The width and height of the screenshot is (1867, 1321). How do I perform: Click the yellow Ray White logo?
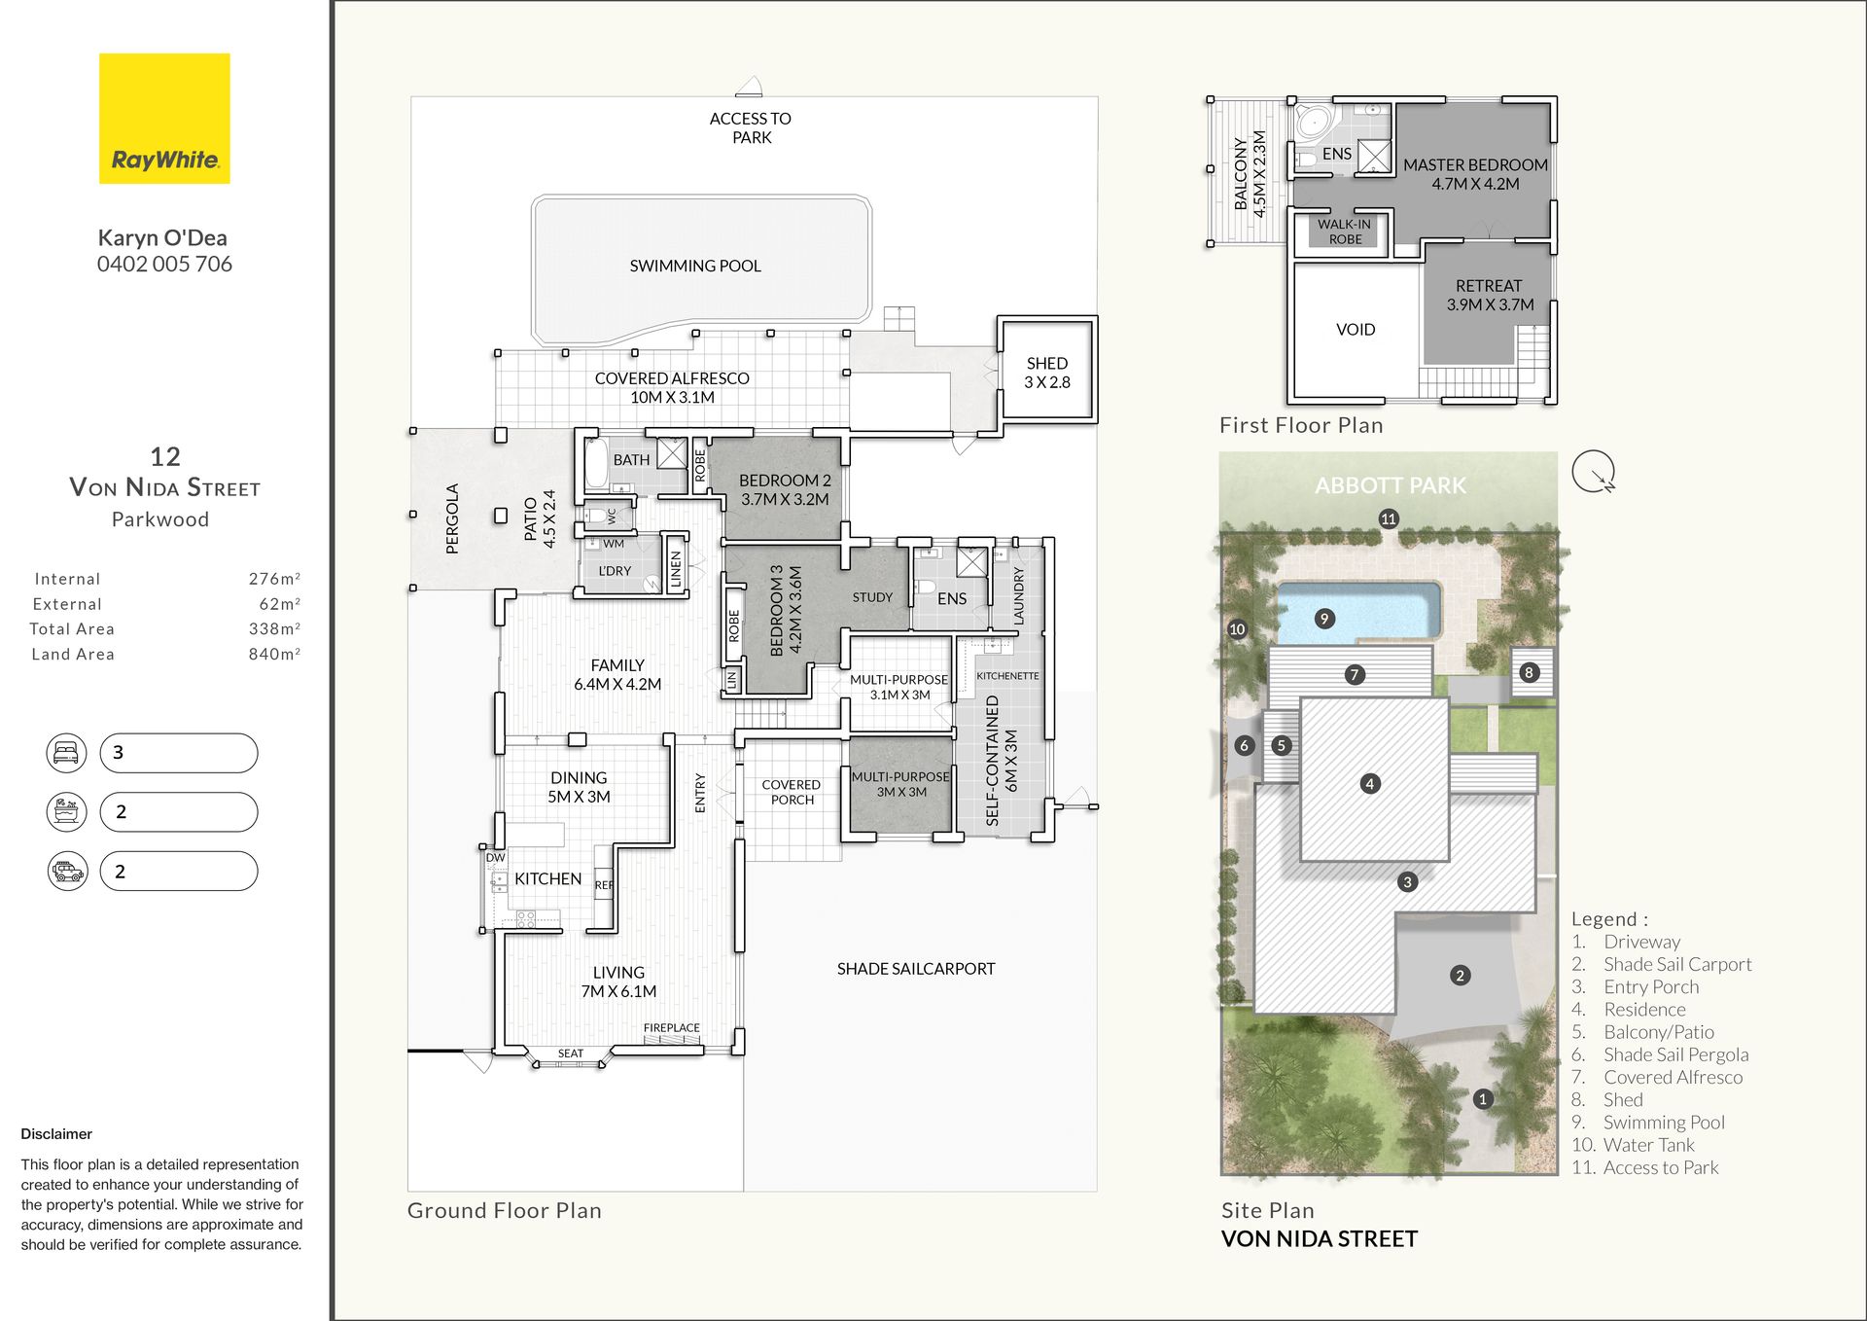tap(164, 118)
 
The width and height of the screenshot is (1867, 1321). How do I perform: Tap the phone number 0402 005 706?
tap(164, 265)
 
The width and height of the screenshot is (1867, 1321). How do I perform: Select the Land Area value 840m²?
tap(274, 654)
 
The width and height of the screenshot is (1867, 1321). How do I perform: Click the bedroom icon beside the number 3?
tap(66, 753)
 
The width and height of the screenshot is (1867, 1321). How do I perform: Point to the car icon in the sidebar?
tap(67, 872)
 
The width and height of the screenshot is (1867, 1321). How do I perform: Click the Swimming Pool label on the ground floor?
tap(695, 266)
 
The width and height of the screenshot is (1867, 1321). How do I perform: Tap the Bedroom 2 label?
tap(785, 489)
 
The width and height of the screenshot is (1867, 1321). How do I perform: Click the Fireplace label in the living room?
tap(671, 1027)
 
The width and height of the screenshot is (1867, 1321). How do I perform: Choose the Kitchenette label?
tap(1007, 676)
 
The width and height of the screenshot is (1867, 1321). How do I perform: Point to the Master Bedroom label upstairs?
tap(1475, 174)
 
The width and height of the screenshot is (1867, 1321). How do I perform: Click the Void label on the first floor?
tap(1356, 330)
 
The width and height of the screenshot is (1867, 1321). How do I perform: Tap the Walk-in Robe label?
tap(1345, 232)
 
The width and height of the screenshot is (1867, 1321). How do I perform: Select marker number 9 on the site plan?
tap(1324, 619)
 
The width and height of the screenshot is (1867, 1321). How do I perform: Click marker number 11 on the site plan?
tap(1389, 518)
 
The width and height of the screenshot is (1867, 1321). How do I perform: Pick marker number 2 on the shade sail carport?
tap(1460, 976)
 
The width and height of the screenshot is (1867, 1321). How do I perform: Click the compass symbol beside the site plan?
tap(1594, 472)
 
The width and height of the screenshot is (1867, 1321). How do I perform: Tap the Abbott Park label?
tap(1390, 485)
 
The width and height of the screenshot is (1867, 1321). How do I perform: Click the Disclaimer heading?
tap(56, 1134)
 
